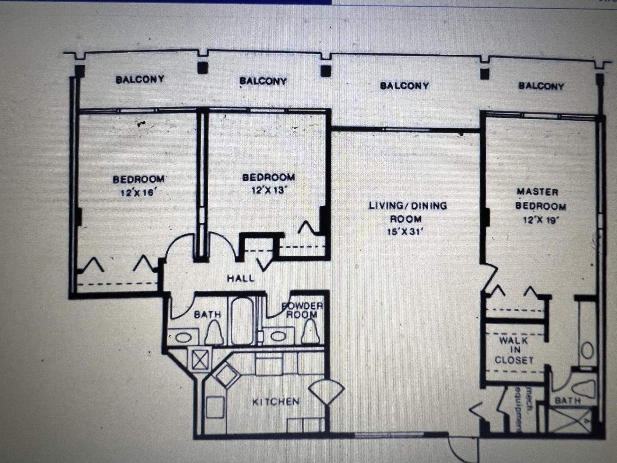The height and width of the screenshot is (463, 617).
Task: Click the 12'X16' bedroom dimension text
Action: coord(139,193)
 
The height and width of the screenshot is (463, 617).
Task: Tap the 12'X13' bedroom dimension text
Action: coord(269,190)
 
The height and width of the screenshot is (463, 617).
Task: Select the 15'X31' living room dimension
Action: coord(406,232)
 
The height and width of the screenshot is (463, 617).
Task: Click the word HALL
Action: coord(241,278)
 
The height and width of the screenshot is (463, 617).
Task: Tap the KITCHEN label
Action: coord(276,402)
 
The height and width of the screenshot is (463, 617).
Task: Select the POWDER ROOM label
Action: coord(302,310)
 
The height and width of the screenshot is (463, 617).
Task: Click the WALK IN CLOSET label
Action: coord(514,350)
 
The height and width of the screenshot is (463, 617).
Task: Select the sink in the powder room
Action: coord(278,336)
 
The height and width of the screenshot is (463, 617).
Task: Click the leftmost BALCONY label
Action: coord(140,79)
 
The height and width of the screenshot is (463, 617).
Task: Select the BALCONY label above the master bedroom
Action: coord(541,86)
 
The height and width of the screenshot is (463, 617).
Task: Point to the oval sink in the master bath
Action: coord(587,350)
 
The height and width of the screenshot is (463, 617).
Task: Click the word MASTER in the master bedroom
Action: coord(537,192)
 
